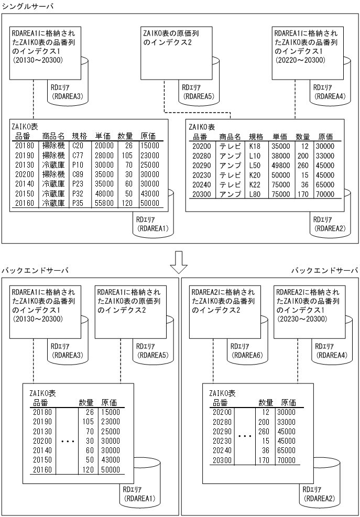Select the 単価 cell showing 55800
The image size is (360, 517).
104,203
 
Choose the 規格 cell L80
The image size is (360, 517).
257,193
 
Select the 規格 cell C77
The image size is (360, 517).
78,156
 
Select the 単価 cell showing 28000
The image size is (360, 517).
104,156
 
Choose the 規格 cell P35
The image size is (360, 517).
78,203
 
